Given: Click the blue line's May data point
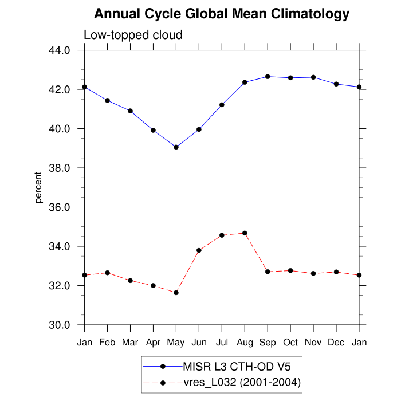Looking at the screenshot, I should click(x=176, y=147).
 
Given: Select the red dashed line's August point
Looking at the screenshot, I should click(x=245, y=233).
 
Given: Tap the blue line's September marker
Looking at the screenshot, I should click(x=268, y=76).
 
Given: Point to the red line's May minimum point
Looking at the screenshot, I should click(x=176, y=293).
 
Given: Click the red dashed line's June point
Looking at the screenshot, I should click(x=199, y=250).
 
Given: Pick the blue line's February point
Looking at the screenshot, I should click(x=107, y=100).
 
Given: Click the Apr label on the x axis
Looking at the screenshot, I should click(x=153, y=343).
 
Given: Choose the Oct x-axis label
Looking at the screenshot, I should click(x=290, y=343).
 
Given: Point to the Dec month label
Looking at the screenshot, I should click(x=336, y=343).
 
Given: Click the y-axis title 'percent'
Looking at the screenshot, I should click(x=38, y=187).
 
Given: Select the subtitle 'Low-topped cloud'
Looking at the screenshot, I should click(x=133, y=35).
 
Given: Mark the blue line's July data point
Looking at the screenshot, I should click(x=222, y=105).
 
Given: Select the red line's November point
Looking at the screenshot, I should click(x=313, y=273).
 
